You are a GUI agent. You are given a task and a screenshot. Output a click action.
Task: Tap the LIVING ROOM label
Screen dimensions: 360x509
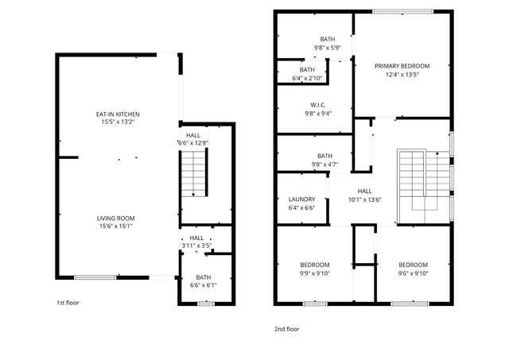coord(115,218)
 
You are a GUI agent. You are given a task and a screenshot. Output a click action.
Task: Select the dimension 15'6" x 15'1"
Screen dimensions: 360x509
coord(115,226)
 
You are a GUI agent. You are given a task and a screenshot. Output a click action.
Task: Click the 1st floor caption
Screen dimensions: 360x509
coord(68,303)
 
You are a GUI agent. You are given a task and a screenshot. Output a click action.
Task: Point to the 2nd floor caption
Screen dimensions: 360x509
coord(287,328)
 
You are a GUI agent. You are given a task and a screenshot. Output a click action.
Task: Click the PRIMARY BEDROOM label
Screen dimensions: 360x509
coord(402,66)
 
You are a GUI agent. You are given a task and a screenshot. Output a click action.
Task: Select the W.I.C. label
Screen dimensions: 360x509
coord(319,105)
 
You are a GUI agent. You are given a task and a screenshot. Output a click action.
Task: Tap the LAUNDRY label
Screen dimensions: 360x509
coord(301,199)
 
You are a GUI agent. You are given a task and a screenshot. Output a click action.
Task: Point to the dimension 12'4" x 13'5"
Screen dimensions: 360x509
coord(402,75)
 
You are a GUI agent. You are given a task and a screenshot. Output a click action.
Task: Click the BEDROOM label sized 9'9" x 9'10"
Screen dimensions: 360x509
coord(315,265)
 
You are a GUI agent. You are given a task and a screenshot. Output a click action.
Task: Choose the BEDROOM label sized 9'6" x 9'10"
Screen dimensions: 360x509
coord(413,265)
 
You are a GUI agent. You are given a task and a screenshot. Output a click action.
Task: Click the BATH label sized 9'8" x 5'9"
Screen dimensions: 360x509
coord(327,39)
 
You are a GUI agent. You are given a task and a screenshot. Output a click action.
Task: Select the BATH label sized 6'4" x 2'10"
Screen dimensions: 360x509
coord(307,69)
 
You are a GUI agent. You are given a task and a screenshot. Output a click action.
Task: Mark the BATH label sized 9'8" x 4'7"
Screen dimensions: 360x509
coord(324,156)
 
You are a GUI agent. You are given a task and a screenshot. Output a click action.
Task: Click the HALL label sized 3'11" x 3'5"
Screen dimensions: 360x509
coord(196,238)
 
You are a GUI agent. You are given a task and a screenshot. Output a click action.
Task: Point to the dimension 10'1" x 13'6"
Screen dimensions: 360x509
coord(364,199)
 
